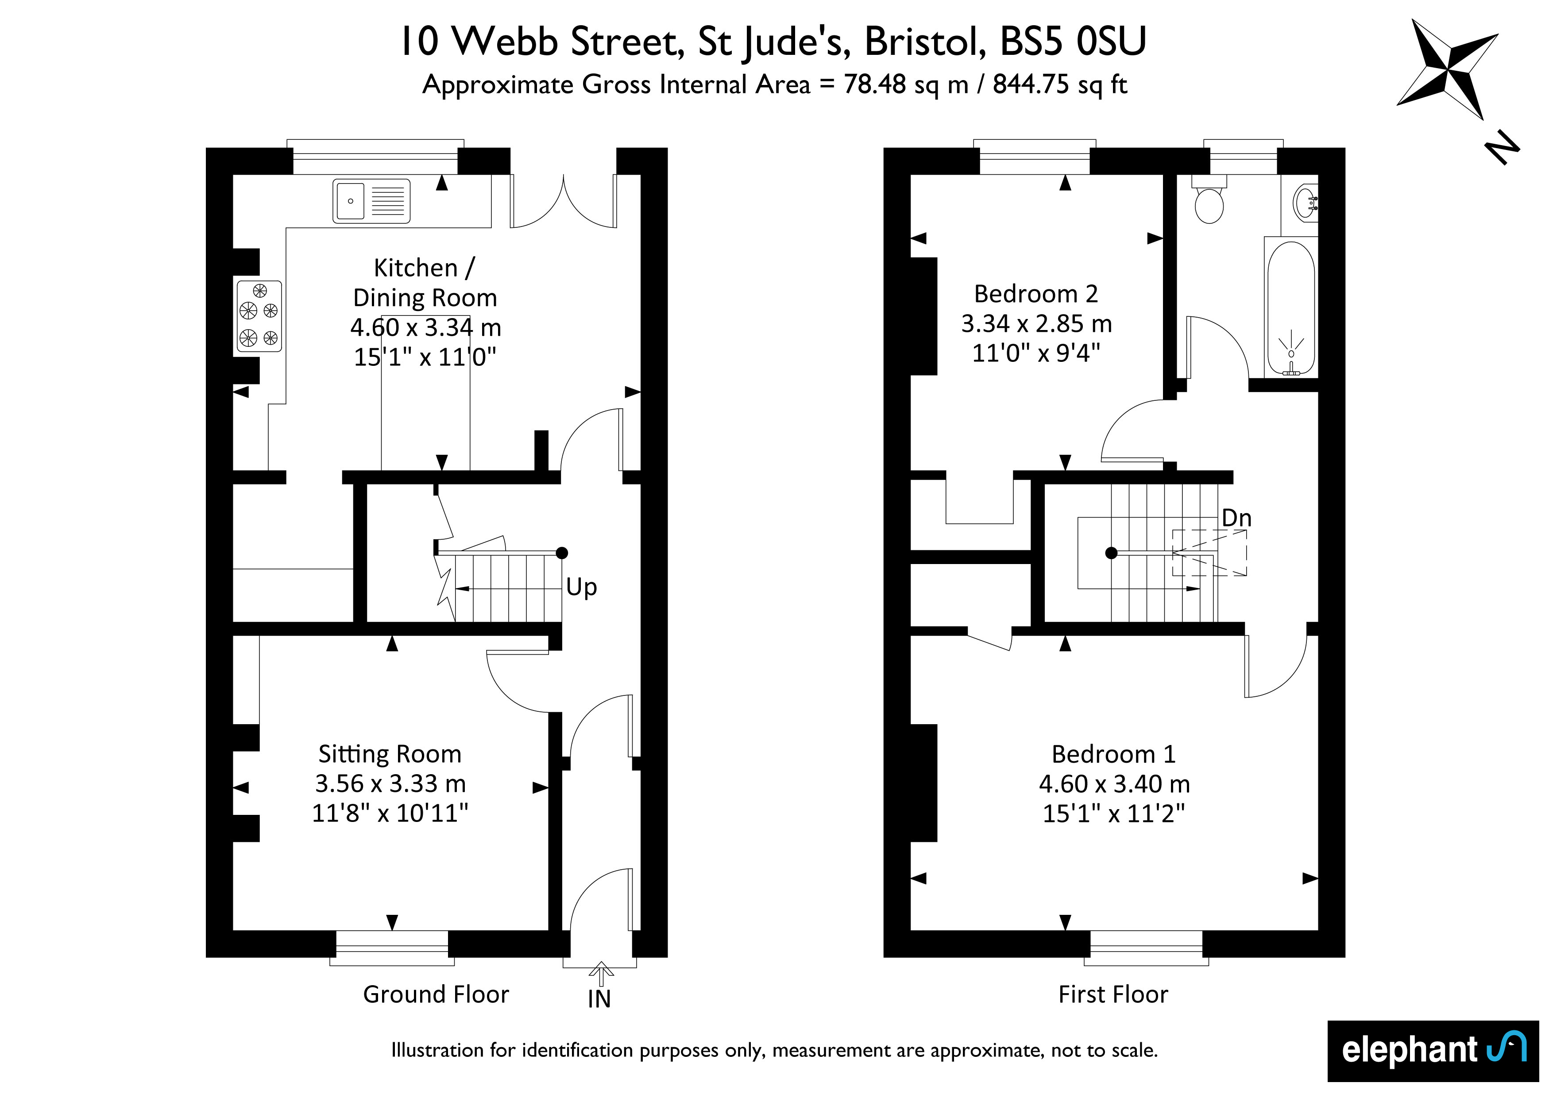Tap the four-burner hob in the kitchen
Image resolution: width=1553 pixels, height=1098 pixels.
coord(259,316)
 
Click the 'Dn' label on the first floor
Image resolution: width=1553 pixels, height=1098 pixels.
coord(1236,518)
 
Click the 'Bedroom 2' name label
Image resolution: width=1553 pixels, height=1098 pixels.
coord(1035,293)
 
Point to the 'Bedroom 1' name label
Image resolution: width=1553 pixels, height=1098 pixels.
coord(1113,753)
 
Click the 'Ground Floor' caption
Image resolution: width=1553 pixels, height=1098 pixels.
coord(436,994)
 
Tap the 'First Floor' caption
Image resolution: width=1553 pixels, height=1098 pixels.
coord(1113,994)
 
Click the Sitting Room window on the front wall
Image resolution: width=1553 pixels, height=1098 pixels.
coord(392,948)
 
